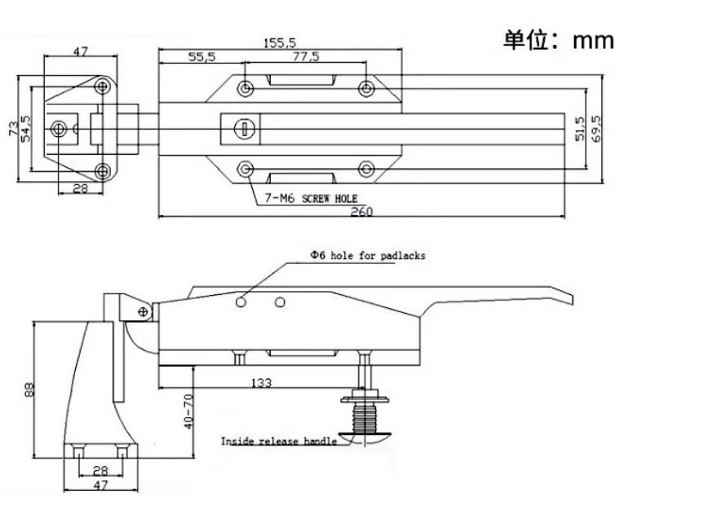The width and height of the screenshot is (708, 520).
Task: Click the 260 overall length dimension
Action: point(362,212)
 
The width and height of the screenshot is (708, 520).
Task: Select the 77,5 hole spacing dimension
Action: point(307,57)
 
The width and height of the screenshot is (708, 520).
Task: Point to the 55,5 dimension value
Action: point(202,57)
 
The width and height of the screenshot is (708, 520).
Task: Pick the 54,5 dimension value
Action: point(28,128)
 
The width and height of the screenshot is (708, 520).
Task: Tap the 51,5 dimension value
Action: point(580,127)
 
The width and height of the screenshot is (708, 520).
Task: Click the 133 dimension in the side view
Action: point(263,381)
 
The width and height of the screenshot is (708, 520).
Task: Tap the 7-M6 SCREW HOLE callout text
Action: point(311,198)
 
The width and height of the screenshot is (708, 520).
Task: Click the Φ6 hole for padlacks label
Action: point(367,255)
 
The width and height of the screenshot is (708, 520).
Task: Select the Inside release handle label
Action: point(278,441)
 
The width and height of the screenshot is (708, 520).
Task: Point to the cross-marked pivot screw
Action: point(144,311)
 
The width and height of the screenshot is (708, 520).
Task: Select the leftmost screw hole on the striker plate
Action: point(59,128)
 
